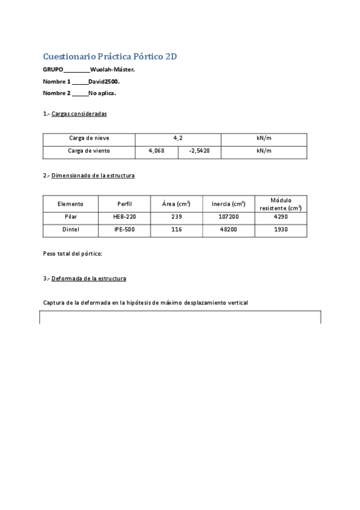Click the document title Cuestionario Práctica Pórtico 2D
click(x=110, y=57)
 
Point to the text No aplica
click(x=102, y=93)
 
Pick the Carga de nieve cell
click(x=89, y=138)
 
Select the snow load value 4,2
click(x=178, y=138)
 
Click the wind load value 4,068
click(x=156, y=151)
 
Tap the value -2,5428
click(x=200, y=151)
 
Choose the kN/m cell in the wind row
click(x=264, y=151)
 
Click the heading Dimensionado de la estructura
click(x=93, y=176)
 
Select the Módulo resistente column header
click(x=280, y=203)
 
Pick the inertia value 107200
click(x=229, y=217)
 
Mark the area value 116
click(x=176, y=230)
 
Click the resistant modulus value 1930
click(x=280, y=230)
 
